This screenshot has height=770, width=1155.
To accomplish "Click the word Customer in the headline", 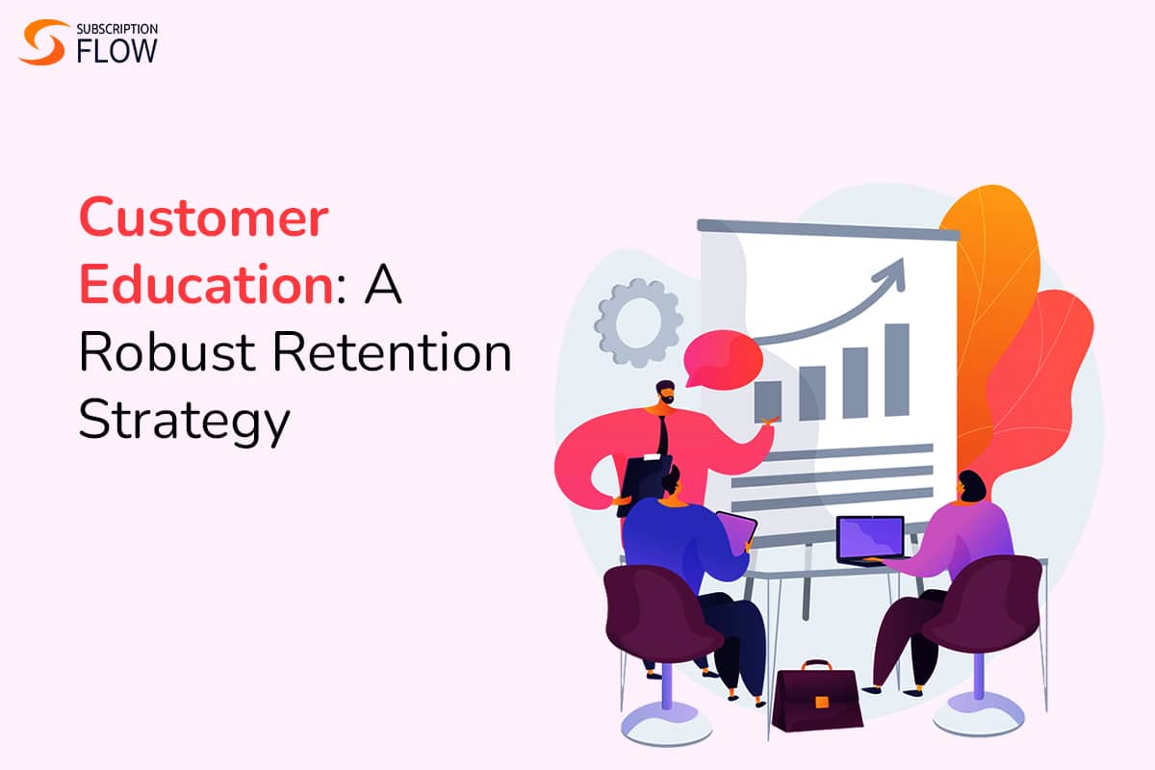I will (203, 220).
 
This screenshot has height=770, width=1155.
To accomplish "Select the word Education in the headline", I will (207, 288).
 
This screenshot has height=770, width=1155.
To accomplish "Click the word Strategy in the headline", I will (183, 422).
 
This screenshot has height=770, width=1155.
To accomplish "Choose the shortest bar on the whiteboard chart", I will (767, 398).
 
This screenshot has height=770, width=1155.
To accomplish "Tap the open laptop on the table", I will (869, 540).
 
